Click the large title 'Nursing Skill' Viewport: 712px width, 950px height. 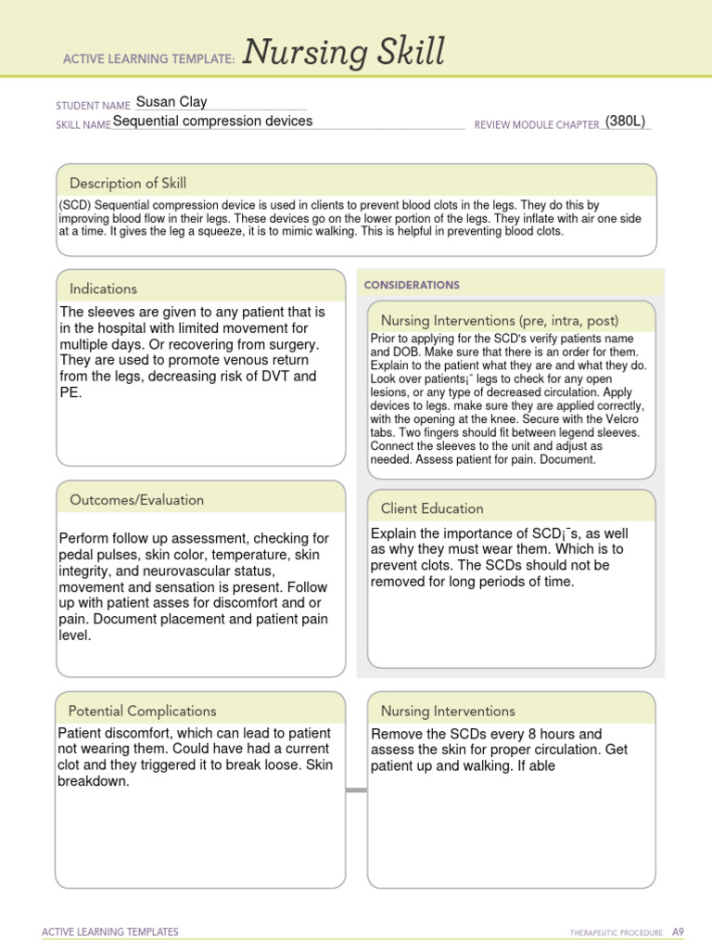(x=344, y=53)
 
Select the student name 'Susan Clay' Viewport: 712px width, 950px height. (x=171, y=102)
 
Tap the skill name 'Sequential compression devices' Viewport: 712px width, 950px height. (x=212, y=121)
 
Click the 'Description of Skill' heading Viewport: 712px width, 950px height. (x=128, y=183)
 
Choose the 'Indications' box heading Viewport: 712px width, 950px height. (x=103, y=289)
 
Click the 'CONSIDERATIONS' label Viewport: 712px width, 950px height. (x=412, y=286)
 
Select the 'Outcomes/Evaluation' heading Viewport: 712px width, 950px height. (x=136, y=500)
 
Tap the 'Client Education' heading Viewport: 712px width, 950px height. (x=432, y=508)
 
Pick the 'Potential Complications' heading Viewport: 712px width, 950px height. (x=143, y=711)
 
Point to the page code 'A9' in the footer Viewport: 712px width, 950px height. (x=678, y=931)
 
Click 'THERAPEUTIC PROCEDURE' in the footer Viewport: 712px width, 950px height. (x=617, y=932)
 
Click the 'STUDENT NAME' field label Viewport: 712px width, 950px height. (x=93, y=106)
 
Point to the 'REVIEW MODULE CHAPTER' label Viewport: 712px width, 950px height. (x=536, y=124)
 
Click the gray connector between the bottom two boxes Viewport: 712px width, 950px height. (x=356, y=790)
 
